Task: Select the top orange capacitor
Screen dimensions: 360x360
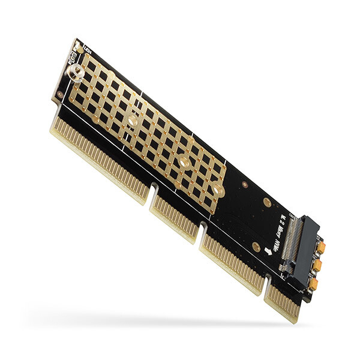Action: pyautogui.click(x=321, y=247)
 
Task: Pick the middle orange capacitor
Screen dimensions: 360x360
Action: pyautogui.click(x=317, y=265)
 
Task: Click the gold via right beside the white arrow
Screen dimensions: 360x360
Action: pyautogui.click(x=256, y=247)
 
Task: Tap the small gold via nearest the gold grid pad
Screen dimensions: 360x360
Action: pyautogui.click(x=245, y=185)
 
